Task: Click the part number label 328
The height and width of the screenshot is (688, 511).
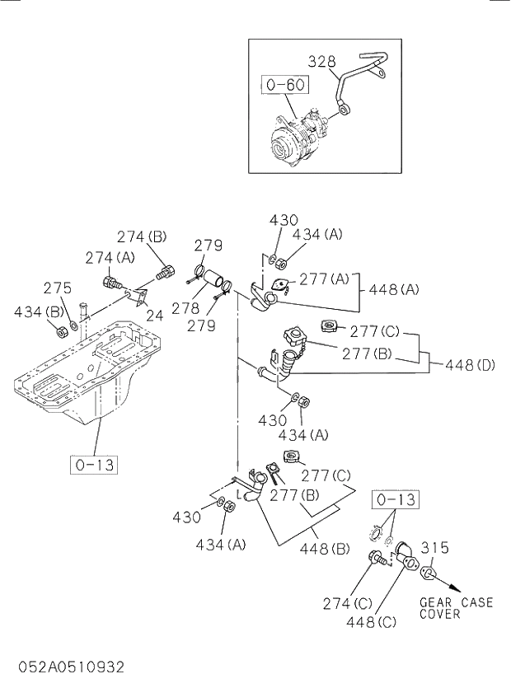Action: click(x=322, y=61)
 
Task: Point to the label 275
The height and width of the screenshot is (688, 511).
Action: click(x=58, y=288)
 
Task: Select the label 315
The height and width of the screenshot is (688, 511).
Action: click(x=434, y=547)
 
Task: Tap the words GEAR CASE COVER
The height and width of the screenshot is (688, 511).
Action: click(x=456, y=608)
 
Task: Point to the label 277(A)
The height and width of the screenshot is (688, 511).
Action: click(x=325, y=279)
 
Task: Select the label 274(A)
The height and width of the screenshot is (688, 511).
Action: click(x=110, y=257)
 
